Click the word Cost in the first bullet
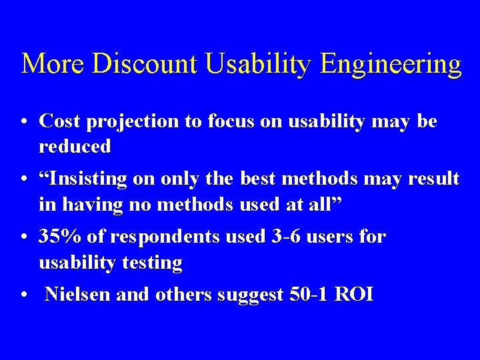[x=57, y=121]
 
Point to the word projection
[x=125, y=122]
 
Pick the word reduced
[x=75, y=147]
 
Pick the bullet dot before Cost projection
[x=24, y=122]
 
